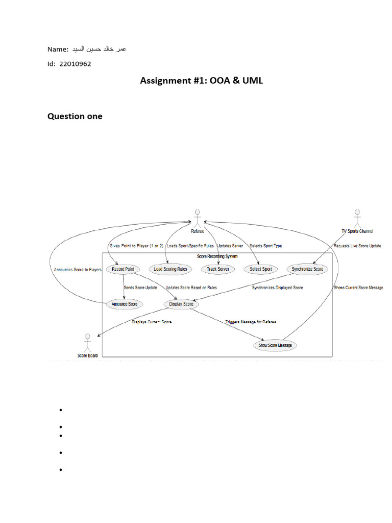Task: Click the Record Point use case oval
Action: (x=123, y=269)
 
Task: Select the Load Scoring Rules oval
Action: (x=170, y=269)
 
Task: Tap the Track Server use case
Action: (x=218, y=269)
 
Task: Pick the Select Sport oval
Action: (x=261, y=269)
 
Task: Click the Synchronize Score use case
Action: (x=307, y=269)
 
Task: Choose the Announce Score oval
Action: (x=124, y=304)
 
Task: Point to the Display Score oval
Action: (x=181, y=304)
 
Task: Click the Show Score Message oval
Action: (x=275, y=345)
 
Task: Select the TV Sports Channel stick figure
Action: (x=357, y=217)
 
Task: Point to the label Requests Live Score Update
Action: (x=357, y=246)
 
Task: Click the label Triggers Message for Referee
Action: (x=251, y=322)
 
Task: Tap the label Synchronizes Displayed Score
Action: (x=277, y=288)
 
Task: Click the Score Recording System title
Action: (x=217, y=256)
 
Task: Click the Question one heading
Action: (x=75, y=116)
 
